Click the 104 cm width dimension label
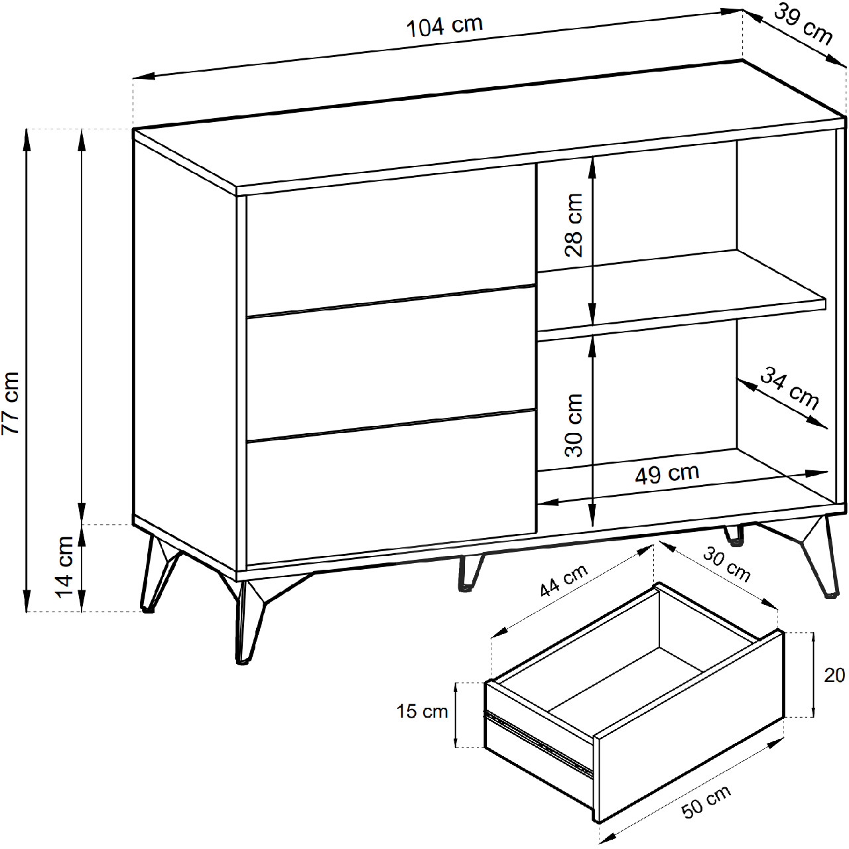tap(444, 27)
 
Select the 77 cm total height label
tap(11, 403)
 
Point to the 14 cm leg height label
tap(66, 567)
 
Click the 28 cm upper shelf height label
tap(574, 225)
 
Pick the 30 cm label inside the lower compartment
tap(574, 425)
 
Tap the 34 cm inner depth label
tap(789, 389)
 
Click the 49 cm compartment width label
tap(667, 474)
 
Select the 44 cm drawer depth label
tap(564, 580)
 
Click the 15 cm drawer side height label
tap(422, 712)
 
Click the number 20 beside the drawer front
tap(834, 675)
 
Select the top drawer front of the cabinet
tap(391, 240)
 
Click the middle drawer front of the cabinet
tap(391, 363)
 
